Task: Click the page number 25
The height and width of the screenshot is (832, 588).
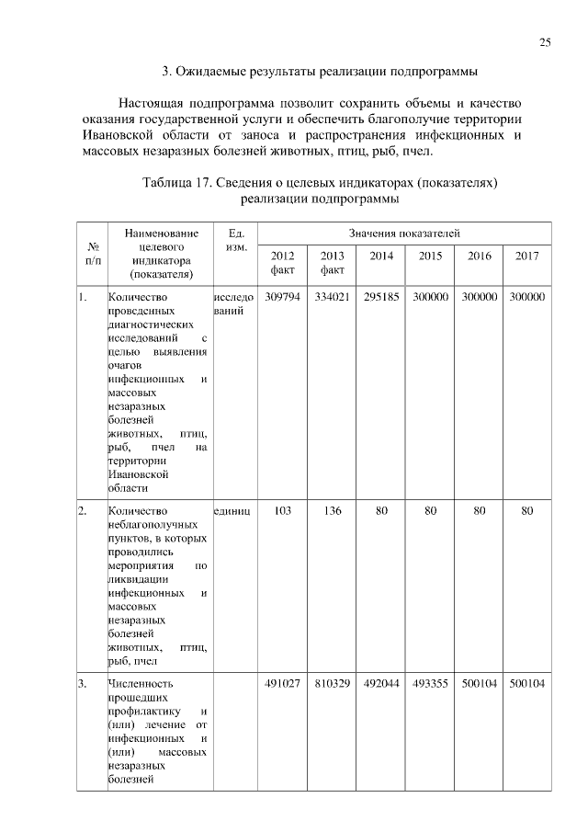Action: (x=545, y=43)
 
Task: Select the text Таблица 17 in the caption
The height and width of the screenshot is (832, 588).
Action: (x=179, y=182)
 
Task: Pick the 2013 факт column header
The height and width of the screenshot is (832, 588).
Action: (x=332, y=262)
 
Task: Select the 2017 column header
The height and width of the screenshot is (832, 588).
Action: (x=527, y=256)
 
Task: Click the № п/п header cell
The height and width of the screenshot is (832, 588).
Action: (x=92, y=254)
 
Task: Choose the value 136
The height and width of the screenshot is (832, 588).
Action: (x=332, y=510)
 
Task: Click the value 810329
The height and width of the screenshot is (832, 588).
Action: (x=332, y=683)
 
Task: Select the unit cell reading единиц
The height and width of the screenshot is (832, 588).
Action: (x=232, y=510)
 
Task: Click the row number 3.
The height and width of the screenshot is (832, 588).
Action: (x=83, y=683)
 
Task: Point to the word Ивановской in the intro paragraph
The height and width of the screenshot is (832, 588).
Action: (x=114, y=136)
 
